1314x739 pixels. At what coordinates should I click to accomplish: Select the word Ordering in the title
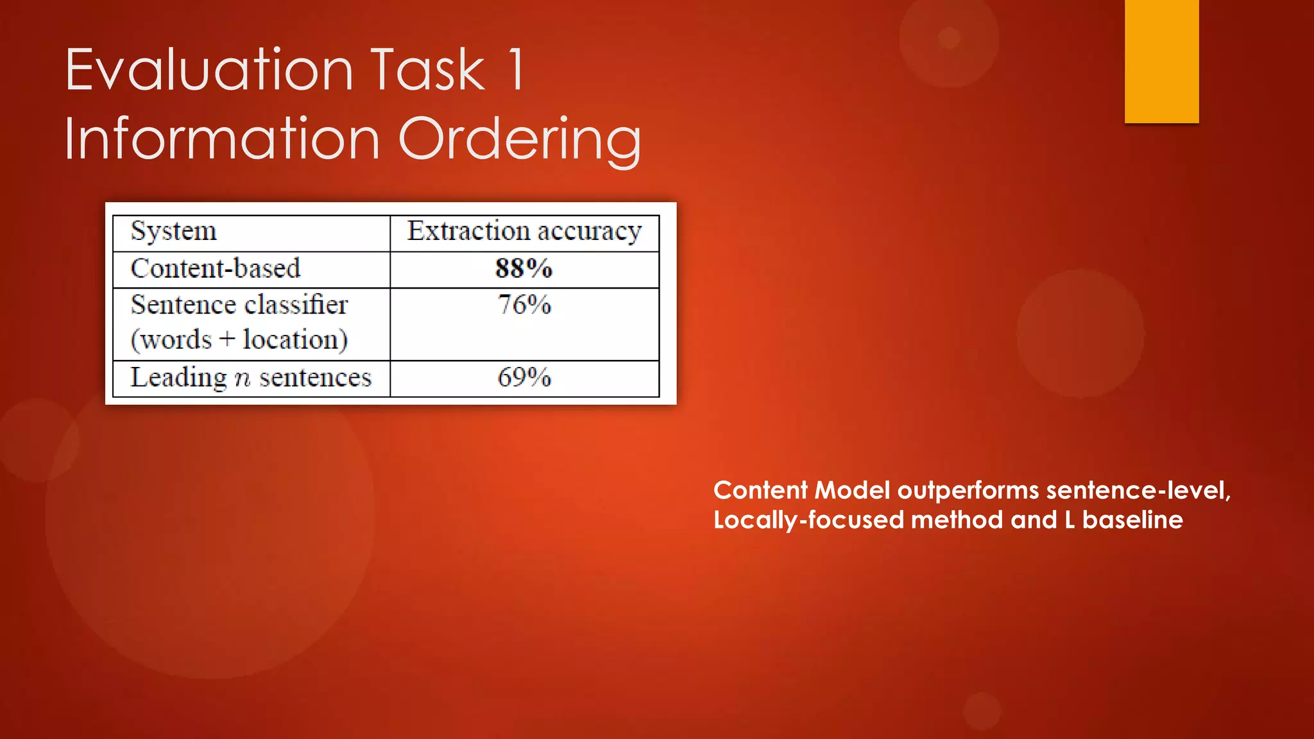coord(520,140)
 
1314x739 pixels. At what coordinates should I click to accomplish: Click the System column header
coord(174,232)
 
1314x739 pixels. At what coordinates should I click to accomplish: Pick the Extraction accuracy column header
coord(524,232)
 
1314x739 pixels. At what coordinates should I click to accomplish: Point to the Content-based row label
coord(216,269)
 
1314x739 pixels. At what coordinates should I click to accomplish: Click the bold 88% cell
coord(524,269)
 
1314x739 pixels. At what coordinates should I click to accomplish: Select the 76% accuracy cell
coord(524,305)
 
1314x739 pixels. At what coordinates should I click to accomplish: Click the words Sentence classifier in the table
coord(239,305)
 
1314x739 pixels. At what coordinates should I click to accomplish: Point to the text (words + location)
coord(239,340)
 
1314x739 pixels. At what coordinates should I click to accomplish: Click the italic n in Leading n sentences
coord(242,379)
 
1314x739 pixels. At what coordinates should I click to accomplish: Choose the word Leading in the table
coord(178,378)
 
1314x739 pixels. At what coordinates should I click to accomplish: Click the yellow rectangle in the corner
coord(1161,61)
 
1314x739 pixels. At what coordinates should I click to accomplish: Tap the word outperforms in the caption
coord(968,491)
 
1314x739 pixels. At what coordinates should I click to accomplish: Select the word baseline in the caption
coord(1132,520)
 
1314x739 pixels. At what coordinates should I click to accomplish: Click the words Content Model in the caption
coord(801,491)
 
